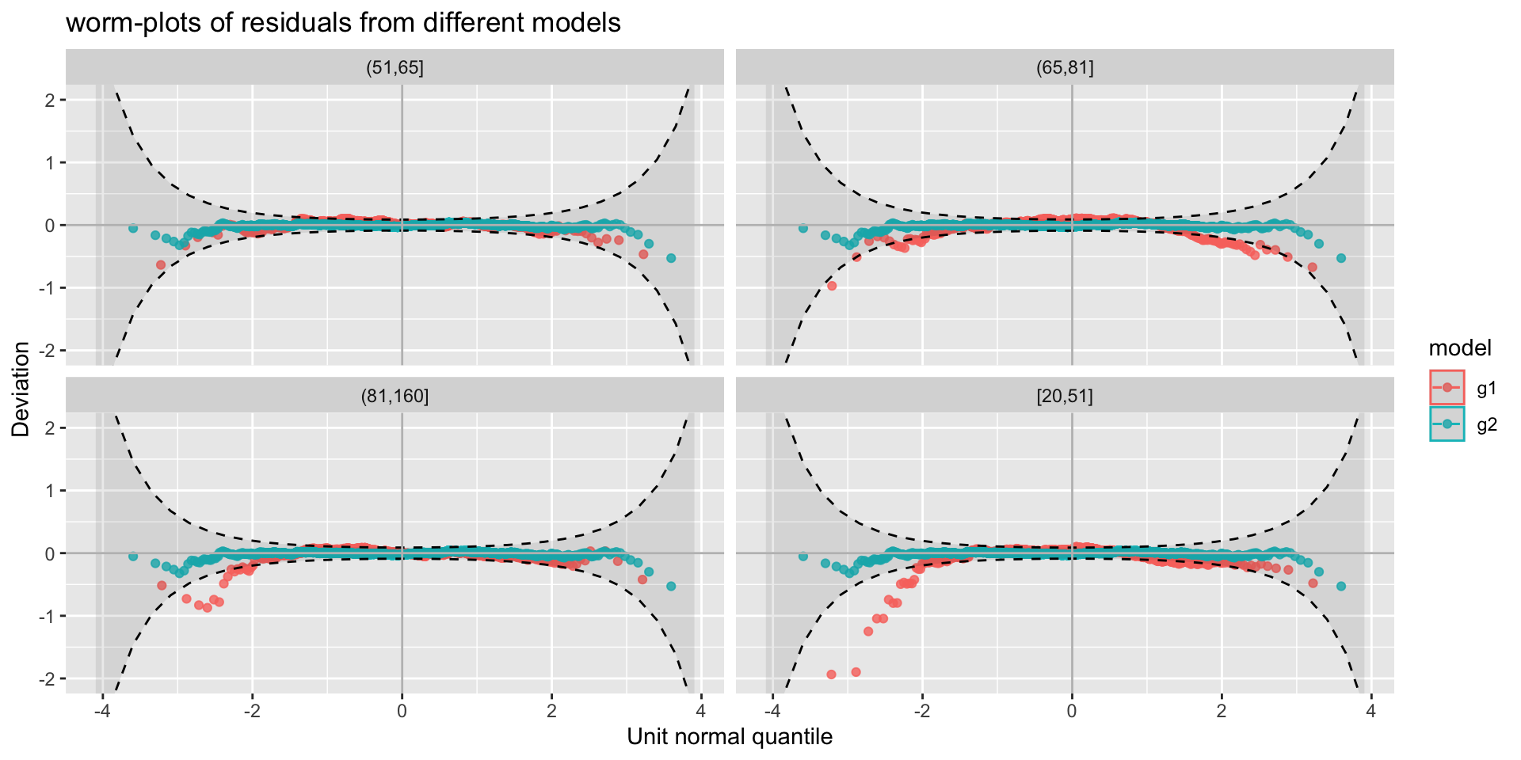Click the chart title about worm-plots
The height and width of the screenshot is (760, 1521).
tap(343, 23)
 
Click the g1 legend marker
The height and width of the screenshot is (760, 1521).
tap(1447, 387)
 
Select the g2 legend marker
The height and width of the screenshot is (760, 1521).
tap(1447, 424)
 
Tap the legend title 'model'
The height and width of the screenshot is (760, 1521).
tap(1460, 348)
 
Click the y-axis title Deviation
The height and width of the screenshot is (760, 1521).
tap(21, 389)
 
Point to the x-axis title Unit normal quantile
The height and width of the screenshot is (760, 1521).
tap(730, 737)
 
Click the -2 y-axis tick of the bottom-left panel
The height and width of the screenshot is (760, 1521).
tap(47, 678)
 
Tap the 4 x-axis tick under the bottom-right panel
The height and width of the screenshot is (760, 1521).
tap(1371, 711)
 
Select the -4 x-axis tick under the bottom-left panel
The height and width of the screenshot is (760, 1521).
tap(101, 711)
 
